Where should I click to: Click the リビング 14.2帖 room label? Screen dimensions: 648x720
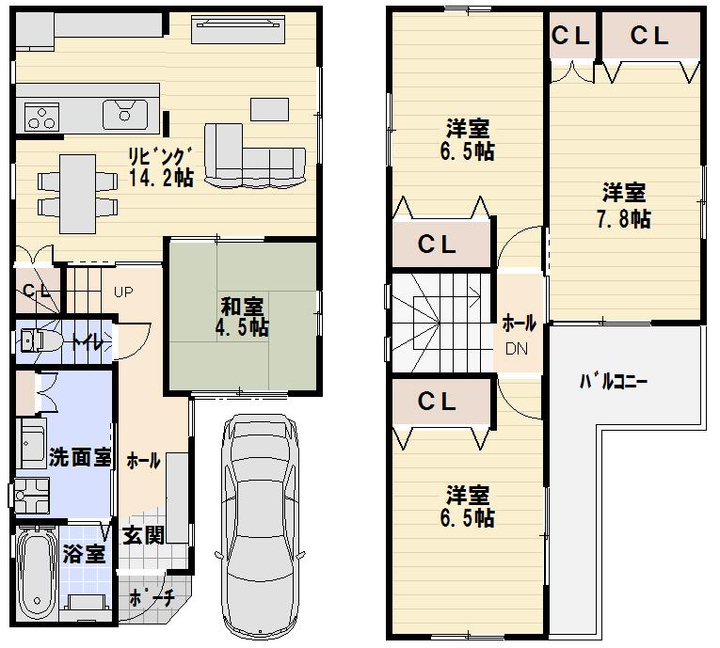[x=161, y=166]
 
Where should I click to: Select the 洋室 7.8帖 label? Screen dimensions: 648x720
[x=626, y=206]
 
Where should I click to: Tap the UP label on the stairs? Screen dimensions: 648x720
[x=122, y=292]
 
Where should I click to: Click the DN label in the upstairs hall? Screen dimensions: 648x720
[x=517, y=349]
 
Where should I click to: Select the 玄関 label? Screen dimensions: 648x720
[x=143, y=535]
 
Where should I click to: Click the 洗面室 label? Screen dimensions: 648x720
[x=80, y=460]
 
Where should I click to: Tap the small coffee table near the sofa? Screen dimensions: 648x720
[x=268, y=108]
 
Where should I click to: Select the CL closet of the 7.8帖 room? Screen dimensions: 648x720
[x=649, y=37]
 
